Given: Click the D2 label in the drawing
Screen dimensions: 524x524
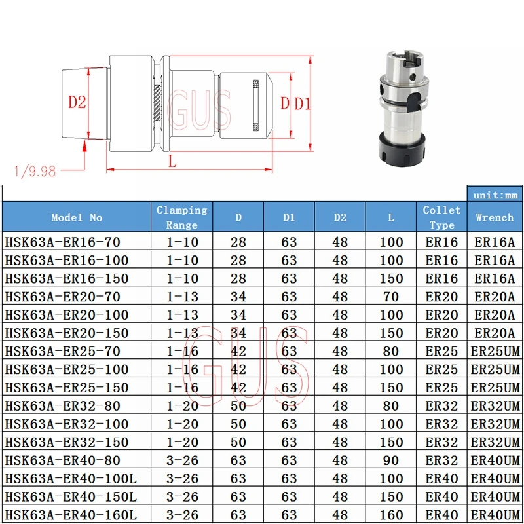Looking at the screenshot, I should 78,103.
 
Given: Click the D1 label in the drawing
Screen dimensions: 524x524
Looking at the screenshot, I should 301,103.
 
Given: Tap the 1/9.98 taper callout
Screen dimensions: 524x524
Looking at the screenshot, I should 35,172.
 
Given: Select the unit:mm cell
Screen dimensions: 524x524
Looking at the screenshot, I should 495,195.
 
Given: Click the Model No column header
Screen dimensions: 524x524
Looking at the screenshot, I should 77,217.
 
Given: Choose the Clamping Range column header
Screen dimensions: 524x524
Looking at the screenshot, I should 181,217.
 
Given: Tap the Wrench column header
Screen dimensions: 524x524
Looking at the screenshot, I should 495,217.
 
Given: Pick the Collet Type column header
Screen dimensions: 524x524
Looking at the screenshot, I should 441,217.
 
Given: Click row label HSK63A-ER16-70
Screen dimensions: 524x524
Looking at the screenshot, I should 63,242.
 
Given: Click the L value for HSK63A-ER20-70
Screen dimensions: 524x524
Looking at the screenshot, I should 391,297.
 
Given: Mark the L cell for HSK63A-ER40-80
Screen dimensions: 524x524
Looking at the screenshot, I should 391,460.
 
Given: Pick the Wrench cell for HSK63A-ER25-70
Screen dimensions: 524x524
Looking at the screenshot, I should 495,351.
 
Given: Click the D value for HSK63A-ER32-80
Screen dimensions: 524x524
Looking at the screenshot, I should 238,406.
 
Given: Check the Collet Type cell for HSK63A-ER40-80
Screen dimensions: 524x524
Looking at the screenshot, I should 441,460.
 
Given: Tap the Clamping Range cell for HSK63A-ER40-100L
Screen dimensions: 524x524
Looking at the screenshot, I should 181,479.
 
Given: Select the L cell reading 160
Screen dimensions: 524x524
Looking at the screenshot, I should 391,515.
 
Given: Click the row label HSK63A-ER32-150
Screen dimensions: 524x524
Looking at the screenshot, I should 67,442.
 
